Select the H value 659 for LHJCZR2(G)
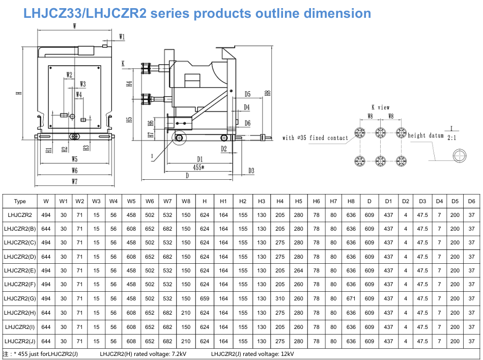pyautogui.click(x=205, y=299)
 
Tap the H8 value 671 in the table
pyautogui.click(x=351, y=299)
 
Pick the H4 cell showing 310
pyautogui.click(x=280, y=299)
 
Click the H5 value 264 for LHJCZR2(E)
pyautogui.click(x=298, y=270)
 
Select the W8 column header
pyautogui.click(x=186, y=201)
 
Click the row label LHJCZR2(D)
pyautogui.click(x=20, y=257)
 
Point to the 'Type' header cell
pyautogui.click(x=20, y=201)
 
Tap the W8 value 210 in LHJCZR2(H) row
pyautogui.click(x=186, y=313)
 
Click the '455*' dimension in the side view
pyautogui.click(x=198, y=168)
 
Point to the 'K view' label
pyautogui.click(x=380, y=107)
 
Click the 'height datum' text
pyautogui.click(x=425, y=135)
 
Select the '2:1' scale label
pyautogui.click(x=452, y=137)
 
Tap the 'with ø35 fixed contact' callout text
pyautogui.click(x=315, y=138)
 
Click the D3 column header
pyautogui.click(x=422, y=201)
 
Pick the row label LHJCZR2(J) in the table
pyautogui.click(x=20, y=341)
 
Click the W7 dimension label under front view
pyautogui.click(x=74, y=181)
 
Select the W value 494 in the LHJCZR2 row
pyautogui.click(x=46, y=215)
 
